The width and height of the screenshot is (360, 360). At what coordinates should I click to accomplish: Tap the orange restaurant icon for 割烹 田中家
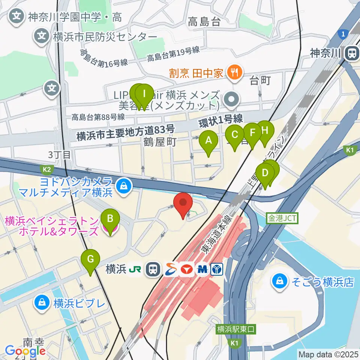click(235, 71)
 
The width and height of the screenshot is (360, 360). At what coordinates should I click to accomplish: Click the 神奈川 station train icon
click(352, 53)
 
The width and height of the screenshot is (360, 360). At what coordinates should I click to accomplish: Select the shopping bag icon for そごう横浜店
click(280, 281)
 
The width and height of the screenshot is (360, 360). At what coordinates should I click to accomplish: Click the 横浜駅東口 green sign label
click(236, 330)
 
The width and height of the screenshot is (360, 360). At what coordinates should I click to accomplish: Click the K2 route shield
click(47, 169)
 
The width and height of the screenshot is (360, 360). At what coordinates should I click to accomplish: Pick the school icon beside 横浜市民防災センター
click(41, 36)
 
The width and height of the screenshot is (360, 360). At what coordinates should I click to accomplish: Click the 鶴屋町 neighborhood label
click(160, 142)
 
